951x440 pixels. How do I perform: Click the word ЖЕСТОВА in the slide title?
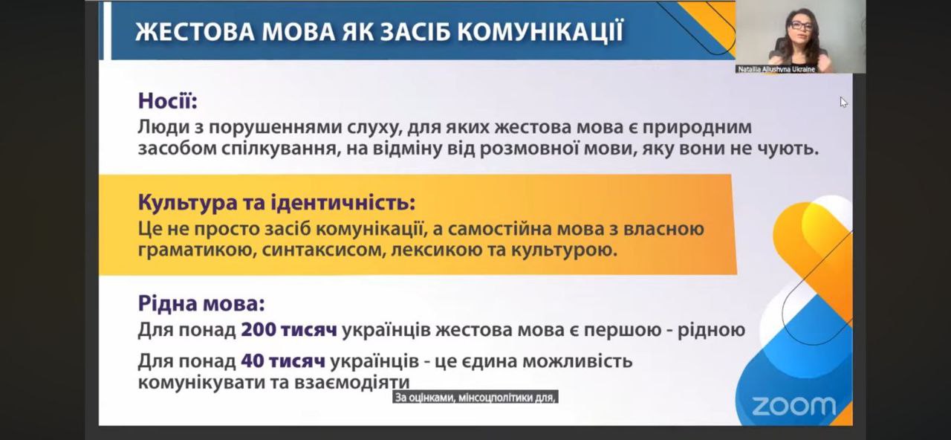coord(194,32)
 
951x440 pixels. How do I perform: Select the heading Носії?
coord(168,101)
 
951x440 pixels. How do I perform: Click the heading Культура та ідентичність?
coord(277,202)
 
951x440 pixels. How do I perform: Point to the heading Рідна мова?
coord(201,303)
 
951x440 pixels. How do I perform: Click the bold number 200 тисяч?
coord(289,330)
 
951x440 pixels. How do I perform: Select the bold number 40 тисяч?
coord(283,361)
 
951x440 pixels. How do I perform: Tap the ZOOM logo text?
coord(793,407)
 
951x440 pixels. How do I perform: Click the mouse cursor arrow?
coord(843,103)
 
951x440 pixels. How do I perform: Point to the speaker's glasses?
coord(801,25)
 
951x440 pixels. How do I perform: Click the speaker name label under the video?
coord(776,69)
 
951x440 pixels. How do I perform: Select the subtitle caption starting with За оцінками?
coord(475,398)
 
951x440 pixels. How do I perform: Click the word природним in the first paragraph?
coord(697,127)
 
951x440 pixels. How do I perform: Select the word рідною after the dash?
coord(711,331)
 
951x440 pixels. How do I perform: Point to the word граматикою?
coord(197,250)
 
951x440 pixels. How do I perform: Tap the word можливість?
coord(577,361)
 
